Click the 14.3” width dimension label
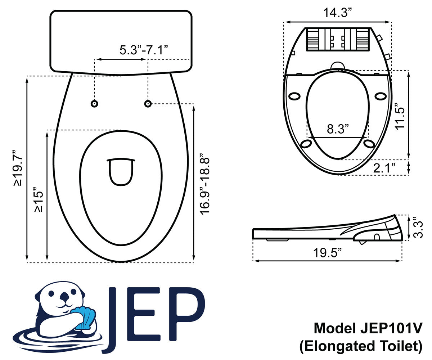point(337,13)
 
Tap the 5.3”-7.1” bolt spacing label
point(144,50)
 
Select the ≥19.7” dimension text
point(18,168)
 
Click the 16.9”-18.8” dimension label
point(204,184)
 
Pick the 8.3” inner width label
point(338,129)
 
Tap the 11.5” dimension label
point(400,116)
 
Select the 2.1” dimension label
point(384,168)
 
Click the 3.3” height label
point(418,227)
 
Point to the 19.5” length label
point(328,253)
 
